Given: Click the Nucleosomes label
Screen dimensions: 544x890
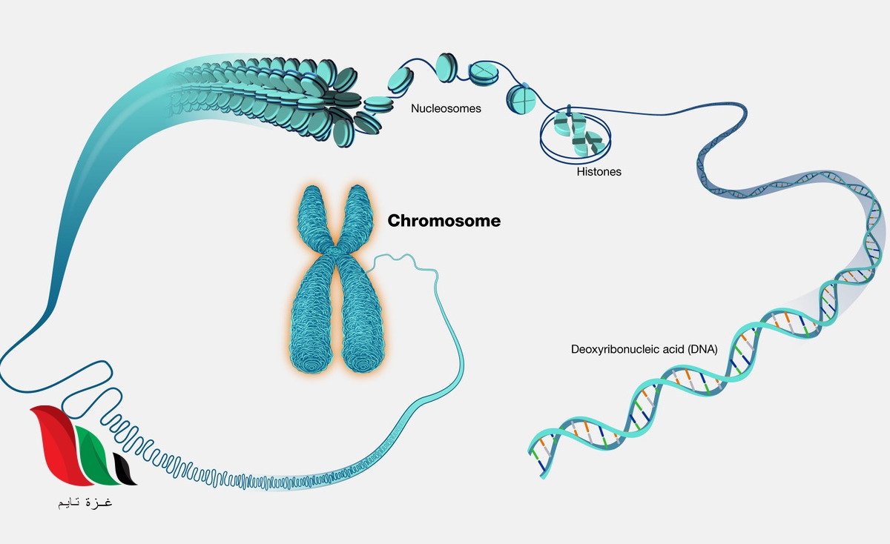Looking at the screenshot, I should tap(446, 109).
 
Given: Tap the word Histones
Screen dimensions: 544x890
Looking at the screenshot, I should tap(599, 172).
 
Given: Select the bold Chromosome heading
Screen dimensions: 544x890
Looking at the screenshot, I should tap(444, 221).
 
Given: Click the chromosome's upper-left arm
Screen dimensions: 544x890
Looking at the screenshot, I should tap(312, 210).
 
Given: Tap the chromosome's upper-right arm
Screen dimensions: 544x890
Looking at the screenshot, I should tap(362, 210).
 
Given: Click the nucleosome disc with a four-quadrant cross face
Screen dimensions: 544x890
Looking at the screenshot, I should tap(521, 99).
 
